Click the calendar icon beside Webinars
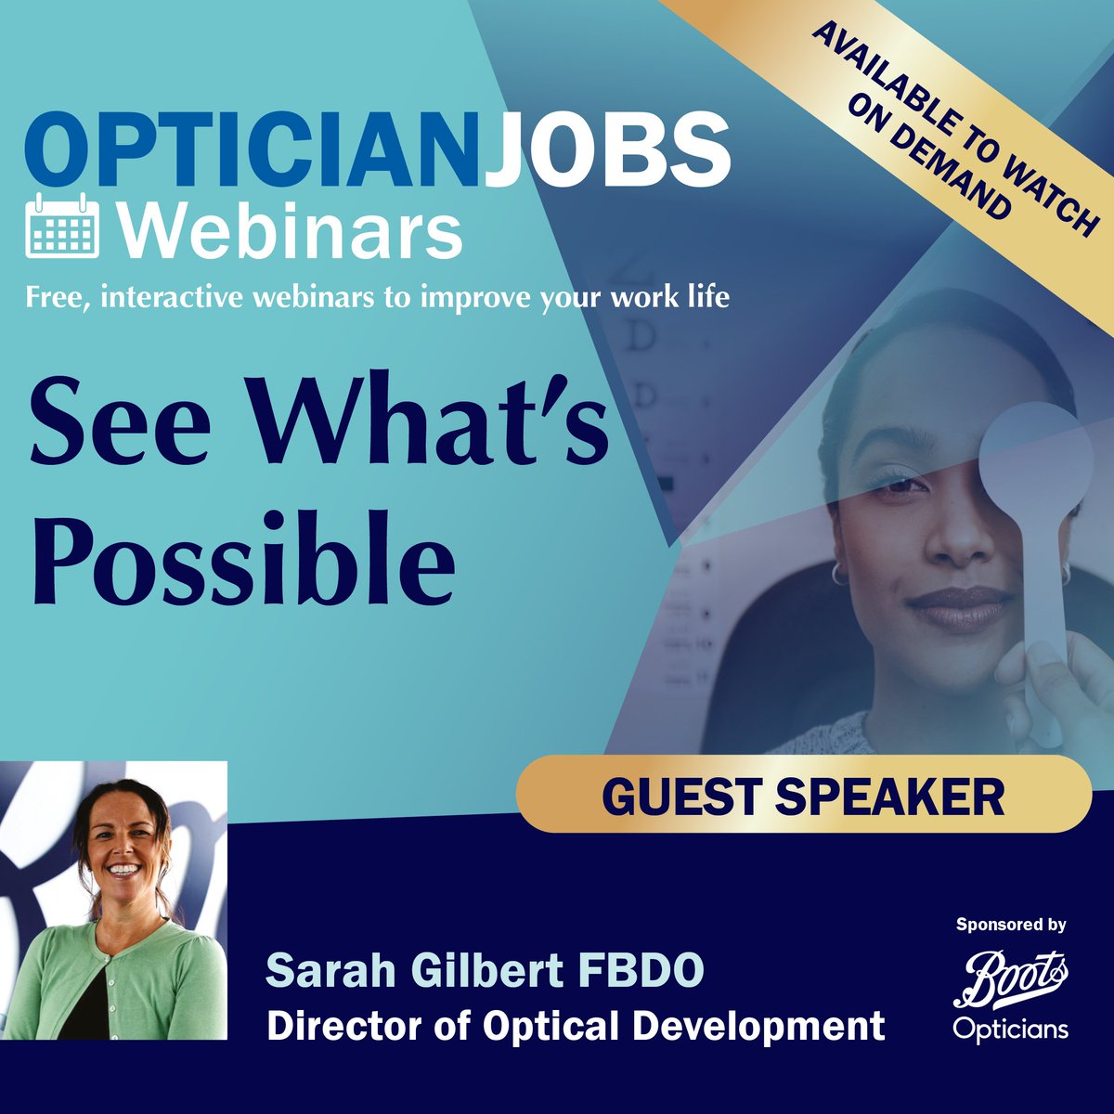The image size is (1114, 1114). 62,226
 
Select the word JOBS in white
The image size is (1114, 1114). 606,149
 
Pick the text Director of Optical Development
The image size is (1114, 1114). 576,1026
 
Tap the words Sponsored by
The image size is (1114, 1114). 1011,925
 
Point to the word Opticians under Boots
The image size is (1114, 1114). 1011,1029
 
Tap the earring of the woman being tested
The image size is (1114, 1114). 839,574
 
